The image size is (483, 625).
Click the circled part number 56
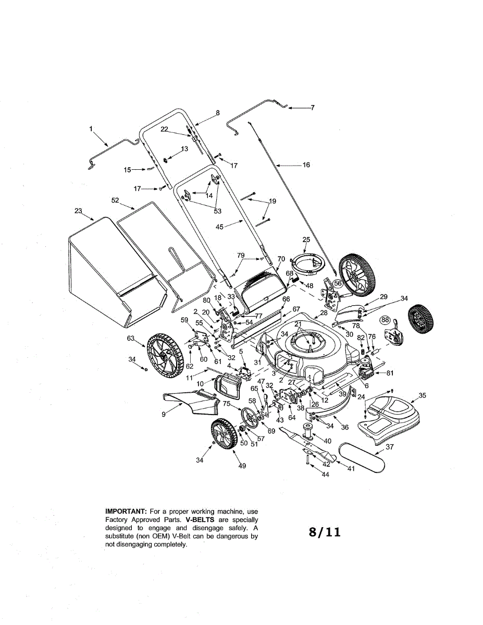(338, 283)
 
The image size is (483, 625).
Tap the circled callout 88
(385, 320)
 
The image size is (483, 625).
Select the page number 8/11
(324, 532)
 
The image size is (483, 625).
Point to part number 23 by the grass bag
(78, 211)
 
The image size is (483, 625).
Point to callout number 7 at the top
(312, 108)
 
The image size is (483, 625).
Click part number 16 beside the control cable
(306, 165)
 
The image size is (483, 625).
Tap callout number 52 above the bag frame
(115, 199)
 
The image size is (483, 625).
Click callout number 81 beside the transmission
(390, 373)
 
